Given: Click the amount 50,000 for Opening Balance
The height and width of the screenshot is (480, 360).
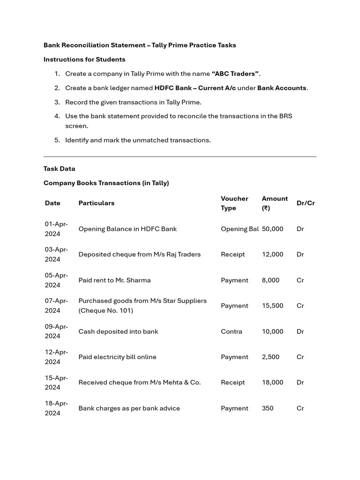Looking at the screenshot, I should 272,229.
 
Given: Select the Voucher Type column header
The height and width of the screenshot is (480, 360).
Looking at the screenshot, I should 234,203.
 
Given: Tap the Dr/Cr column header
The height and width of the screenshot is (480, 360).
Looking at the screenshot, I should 306,203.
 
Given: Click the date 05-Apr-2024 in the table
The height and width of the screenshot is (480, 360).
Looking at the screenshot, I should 56,280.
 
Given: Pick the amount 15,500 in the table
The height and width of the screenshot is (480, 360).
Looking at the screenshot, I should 272,306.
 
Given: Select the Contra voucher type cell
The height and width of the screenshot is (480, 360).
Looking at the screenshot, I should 232,331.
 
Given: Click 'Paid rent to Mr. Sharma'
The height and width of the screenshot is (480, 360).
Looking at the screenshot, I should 114,280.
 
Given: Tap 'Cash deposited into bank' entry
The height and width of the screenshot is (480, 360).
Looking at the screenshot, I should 118,331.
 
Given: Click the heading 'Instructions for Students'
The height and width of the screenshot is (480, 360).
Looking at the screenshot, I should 84,60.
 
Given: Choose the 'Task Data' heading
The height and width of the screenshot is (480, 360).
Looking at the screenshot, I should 59,169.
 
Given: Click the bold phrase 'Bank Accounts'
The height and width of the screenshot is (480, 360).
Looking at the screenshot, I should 282,88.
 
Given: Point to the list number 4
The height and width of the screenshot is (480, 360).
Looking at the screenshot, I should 57,116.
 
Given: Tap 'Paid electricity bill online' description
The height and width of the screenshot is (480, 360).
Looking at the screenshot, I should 117,357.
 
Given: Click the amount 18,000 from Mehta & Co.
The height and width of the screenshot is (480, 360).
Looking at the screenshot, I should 272,382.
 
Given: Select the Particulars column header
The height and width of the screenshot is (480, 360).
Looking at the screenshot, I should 96,203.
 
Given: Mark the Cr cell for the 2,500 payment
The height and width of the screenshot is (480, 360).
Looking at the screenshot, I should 300,357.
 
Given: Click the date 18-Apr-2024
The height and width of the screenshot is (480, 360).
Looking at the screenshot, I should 56,408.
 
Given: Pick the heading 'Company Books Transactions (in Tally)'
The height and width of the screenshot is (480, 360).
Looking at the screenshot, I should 106,183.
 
